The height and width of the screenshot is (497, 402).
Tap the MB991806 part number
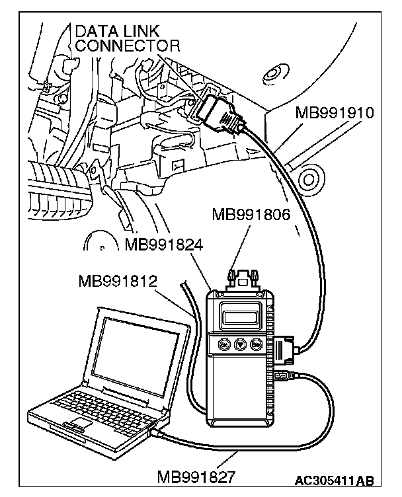pos(251,215)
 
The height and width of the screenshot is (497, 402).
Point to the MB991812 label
pos(118,281)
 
